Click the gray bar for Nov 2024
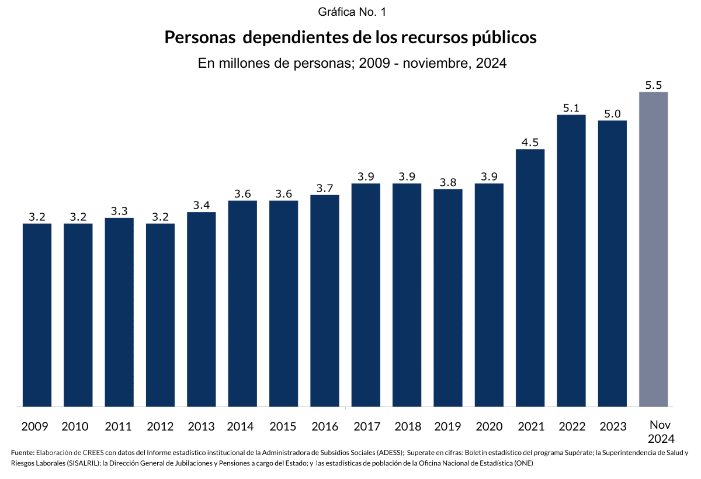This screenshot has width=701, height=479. pyautogui.click(x=653, y=249)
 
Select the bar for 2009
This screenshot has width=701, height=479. pyautogui.click(x=37, y=315)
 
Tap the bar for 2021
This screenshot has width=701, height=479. pyautogui.click(x=530, y=277)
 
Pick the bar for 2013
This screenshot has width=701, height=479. pyautogui.click(x=202, y=309)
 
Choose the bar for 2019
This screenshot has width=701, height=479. pyautogui.click(x=448, y=297)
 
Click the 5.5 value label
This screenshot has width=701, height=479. pyautogui.click(x=653, y=85)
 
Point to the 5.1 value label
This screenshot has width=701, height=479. pyautogui.click(x=571, y=108)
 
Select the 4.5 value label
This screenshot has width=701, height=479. pyautogui.click(x=530, y=143)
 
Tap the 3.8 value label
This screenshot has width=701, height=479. pyautogui.click(x=448, y=182)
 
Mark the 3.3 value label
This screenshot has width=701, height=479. pyautogui.click(x=119, y=211)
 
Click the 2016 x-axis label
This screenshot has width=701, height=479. pyautogui.click(x=325, y=426)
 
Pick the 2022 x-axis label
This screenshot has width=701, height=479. pyautogui.click(x=571, y=426)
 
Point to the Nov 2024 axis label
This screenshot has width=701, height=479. pyautogui.click(x=661, y=432)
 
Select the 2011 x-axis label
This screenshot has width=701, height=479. pyautogui.click(x=119, y=426)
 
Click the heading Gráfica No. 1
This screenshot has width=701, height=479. pyautogui.click(x=351, y=12)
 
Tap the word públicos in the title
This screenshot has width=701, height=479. pyautogui.click(x=496, y=37)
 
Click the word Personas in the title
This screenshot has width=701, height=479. pyautogui.click(x=200, y=37)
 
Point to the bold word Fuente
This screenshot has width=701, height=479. pyautogui.click(x=22, y=453)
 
